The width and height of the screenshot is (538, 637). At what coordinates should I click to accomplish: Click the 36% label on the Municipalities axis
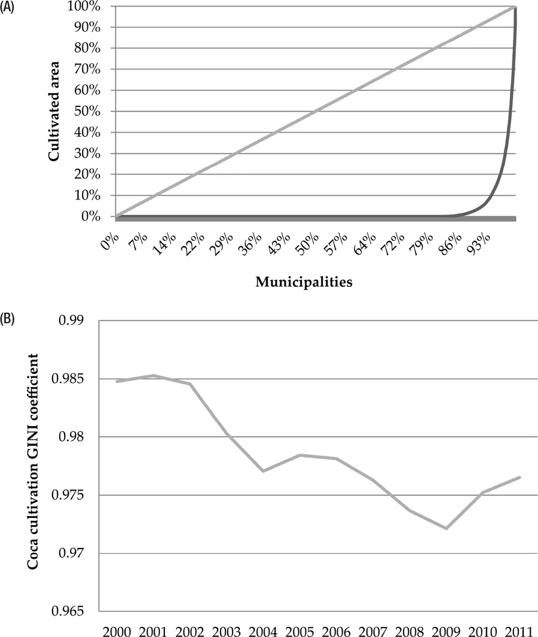tap(250, 245)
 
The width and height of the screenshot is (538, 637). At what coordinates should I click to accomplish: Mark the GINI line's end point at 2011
tap(520, 477)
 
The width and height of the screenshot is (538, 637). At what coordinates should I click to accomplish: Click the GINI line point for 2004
tap(264, 471)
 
